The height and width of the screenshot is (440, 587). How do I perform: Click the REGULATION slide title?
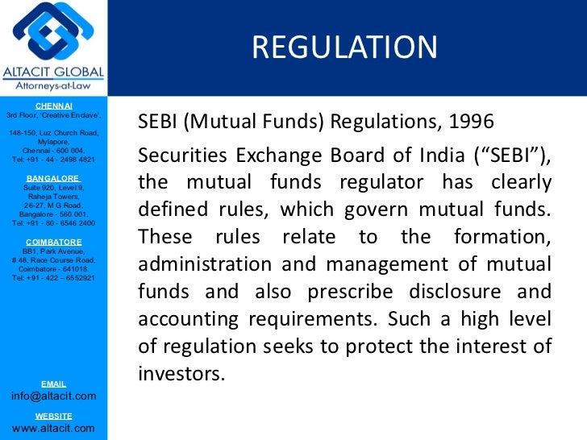(x=344, y=48)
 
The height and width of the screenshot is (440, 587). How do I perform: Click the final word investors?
(x=178, y=374)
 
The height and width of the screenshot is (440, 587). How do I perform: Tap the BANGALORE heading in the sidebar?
(x=53, y=178)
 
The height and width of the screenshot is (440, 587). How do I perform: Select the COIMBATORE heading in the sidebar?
(x=53, y=242)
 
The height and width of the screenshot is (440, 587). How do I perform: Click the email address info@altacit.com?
(x=53, y=396)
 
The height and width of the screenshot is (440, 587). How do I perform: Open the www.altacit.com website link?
(x=53, y=428)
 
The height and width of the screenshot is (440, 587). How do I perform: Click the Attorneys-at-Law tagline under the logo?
(x=53, y=85)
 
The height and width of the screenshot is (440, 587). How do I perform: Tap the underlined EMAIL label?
(x=53, y=384)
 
